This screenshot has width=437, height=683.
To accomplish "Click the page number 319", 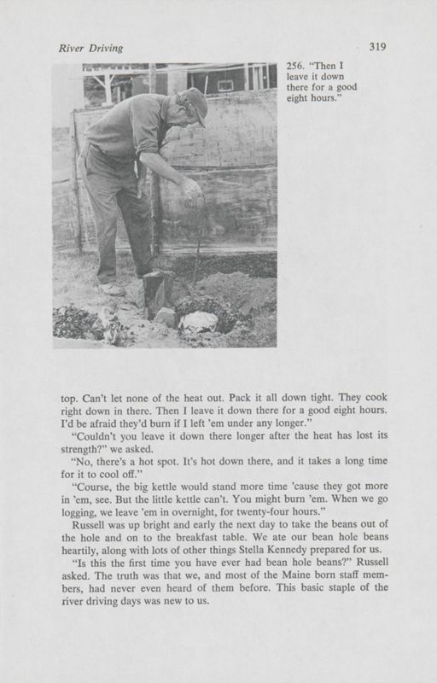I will coord(379,47).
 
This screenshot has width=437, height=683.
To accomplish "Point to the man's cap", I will coord(195,103).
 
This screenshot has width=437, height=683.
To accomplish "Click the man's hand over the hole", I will coord(190,187).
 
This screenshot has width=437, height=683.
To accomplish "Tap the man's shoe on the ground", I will coord(113,289).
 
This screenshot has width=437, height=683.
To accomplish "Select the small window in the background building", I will coord(225,85).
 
